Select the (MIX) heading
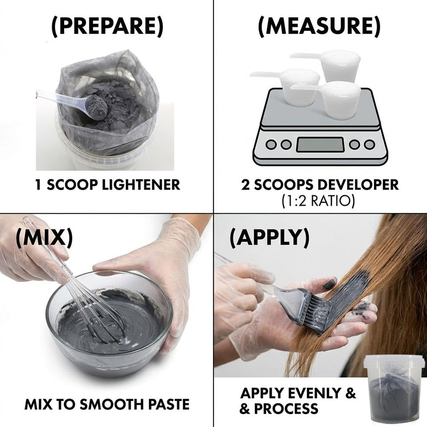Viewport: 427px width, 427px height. (44, 237)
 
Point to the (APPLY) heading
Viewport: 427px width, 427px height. (270, 237)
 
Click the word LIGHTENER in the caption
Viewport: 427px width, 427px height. (141, 185)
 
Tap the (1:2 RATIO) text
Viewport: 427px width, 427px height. (318, 201)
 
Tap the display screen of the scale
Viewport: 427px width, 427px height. (320, 145)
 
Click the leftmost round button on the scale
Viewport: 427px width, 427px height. (271, 144)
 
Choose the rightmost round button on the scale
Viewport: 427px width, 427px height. (369, 144)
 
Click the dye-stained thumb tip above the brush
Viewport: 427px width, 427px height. (330, 284)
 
